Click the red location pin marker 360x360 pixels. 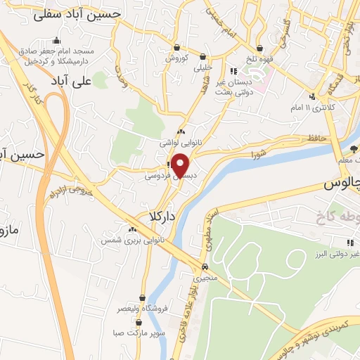181,165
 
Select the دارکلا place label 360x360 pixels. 162,215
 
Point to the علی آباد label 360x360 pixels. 73,82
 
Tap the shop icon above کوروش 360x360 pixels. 175,48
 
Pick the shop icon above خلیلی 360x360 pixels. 202,56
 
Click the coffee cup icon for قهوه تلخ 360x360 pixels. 261,49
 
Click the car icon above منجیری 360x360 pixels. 204,267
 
